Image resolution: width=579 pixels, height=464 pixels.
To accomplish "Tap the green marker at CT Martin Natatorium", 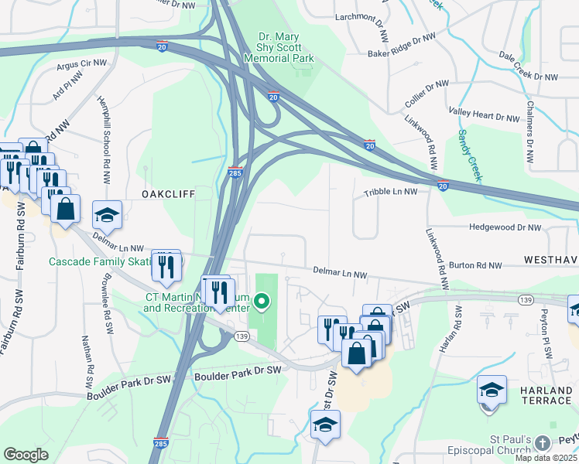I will point(262,301).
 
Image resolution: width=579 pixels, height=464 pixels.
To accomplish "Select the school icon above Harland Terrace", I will point(492,390).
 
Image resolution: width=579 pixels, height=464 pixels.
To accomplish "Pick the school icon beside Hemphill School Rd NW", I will point(107,214).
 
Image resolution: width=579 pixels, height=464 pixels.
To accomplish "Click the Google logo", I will point(26,455).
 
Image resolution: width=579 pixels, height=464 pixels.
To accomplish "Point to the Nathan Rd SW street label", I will point(86,363).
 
